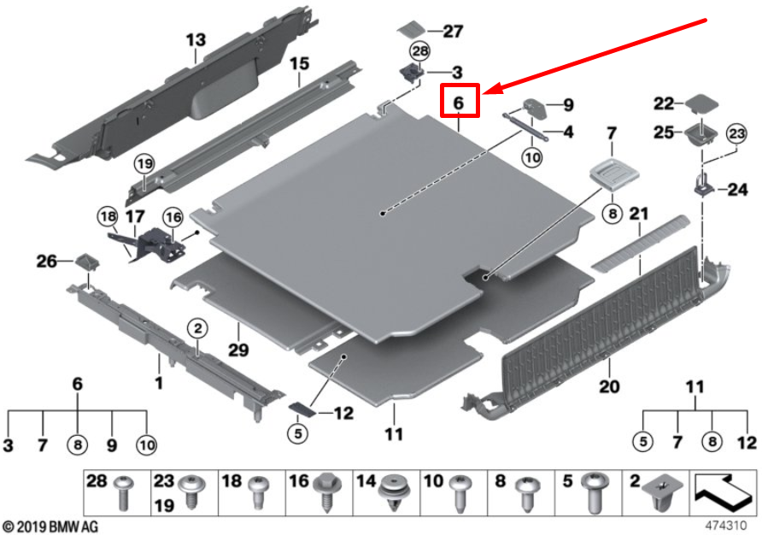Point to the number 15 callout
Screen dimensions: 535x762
click(298, 63)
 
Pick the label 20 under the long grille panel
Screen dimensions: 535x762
click(608, 387)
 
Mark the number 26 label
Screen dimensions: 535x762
click(48, 260)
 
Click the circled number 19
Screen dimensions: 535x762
click(142, 163)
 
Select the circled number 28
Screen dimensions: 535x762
click(419, 51)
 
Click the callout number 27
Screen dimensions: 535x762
click(452, 32)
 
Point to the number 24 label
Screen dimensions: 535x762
click(737, 191)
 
